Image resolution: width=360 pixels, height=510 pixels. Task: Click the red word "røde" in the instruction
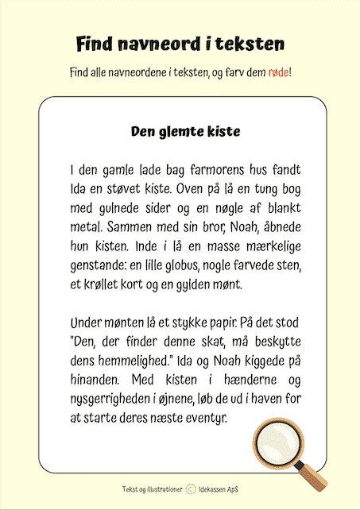pyautogui.click(x=278, y=72)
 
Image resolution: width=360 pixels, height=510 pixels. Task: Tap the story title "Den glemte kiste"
pyautogui.click(x=184, y=130)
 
